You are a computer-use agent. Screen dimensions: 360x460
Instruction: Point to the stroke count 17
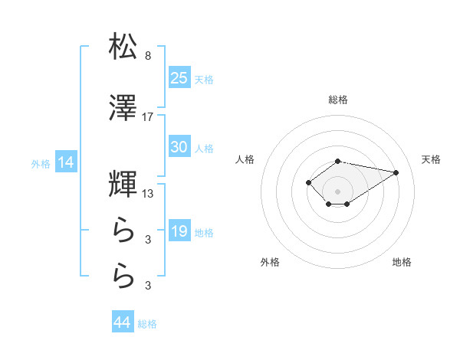pos(148,117)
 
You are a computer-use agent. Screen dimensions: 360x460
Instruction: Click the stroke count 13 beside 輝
pos(148,194)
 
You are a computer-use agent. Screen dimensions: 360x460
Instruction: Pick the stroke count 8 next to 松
pos(148,56)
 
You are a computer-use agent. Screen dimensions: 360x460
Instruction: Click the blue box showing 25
pos(179,77)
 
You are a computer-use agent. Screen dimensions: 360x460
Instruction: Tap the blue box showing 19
pos(179,231)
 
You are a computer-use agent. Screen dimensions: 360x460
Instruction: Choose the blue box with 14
pos(65,162)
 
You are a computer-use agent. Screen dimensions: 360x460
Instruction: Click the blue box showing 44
pos(123,322)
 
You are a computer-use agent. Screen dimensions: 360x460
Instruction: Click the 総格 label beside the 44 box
pos(147,324)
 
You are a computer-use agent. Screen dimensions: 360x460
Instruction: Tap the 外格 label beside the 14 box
pos(41,164)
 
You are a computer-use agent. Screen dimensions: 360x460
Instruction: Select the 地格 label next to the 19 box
pos(204,232)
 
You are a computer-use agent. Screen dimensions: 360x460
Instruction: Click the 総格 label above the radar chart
pos(338,100)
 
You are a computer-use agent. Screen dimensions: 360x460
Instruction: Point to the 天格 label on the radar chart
pos(431,159)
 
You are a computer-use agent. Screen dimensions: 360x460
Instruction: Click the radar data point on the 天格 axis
pos(396,172)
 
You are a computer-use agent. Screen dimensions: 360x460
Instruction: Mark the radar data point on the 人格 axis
pos(308,182)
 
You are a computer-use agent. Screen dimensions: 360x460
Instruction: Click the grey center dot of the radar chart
pos(338,191)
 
